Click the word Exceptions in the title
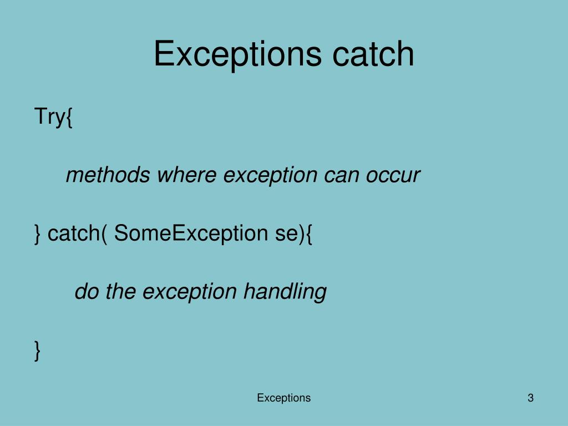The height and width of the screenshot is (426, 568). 237,54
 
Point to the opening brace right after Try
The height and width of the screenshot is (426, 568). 69,118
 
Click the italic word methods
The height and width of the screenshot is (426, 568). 108,175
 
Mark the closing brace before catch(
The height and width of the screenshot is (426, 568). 38,234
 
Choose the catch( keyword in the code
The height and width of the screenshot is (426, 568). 77,234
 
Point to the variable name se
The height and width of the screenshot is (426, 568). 286,234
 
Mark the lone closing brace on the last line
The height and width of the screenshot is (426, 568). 38,351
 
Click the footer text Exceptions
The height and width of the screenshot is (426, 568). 283,398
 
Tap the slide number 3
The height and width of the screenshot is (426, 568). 530,398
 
